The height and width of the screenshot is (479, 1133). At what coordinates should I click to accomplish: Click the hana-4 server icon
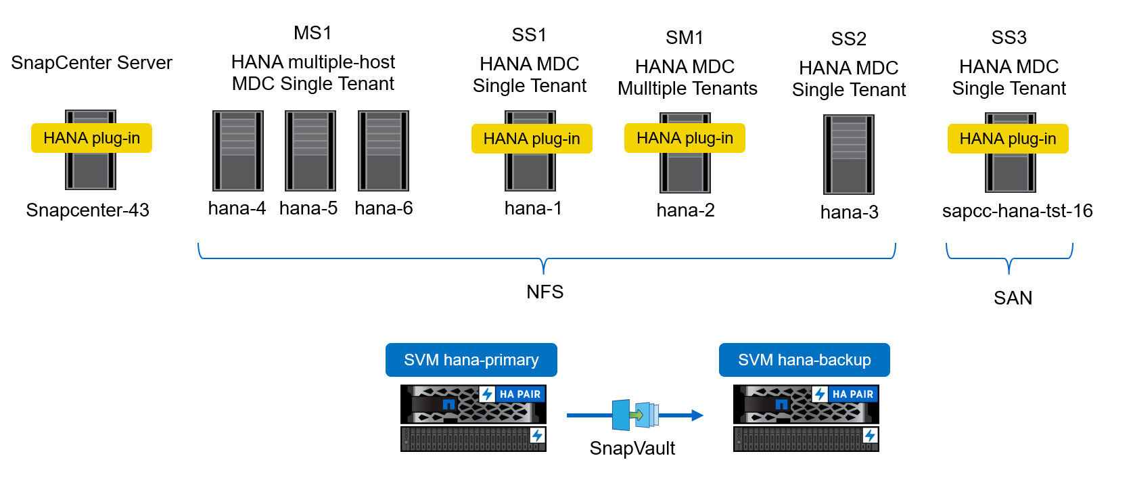237,151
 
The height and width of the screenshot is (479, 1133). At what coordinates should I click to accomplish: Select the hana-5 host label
308,208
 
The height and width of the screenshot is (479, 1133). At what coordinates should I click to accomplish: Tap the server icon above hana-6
384,151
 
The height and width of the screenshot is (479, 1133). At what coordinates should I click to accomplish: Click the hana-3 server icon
849,154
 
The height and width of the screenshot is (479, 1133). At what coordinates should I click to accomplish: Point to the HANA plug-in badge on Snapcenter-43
91,138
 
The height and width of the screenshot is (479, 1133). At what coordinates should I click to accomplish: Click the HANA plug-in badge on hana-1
532,139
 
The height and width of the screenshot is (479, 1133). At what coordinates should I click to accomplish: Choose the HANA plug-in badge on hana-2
685,138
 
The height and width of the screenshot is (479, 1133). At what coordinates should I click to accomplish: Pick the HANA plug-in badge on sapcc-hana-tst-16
1008,139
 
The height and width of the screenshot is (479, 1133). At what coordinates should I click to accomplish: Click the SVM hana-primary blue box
471,360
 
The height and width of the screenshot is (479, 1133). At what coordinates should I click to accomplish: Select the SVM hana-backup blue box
804,360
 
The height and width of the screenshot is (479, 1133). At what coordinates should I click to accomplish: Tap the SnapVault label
632,449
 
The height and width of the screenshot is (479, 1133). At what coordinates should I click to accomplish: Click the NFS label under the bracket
545,292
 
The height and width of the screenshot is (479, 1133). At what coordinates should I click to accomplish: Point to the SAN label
1013,298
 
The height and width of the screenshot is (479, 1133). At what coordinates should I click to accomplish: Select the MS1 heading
313,33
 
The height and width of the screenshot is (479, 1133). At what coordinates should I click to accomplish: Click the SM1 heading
685,38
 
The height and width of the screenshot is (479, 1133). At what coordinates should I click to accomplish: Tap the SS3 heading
1009,38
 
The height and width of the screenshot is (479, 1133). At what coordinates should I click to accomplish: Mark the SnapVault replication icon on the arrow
636,415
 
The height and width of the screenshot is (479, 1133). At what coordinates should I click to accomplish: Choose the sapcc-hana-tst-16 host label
1017,211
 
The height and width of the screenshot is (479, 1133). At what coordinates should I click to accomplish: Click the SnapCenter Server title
92,63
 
